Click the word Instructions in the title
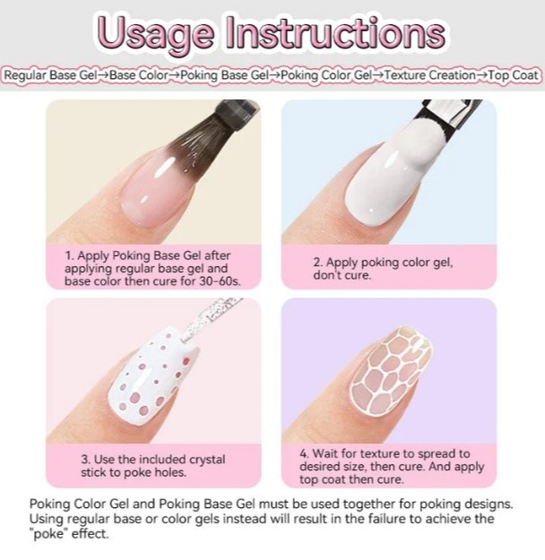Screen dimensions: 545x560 335,32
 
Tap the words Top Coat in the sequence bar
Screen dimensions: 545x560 513,75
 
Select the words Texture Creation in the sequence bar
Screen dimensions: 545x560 430,75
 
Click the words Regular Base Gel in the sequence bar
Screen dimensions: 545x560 50,75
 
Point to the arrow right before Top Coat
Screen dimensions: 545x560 481,75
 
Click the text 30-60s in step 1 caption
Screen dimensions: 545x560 221,281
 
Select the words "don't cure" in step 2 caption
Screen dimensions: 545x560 342,275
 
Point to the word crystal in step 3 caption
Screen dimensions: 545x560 207,460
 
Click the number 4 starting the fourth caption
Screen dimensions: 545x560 304,453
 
